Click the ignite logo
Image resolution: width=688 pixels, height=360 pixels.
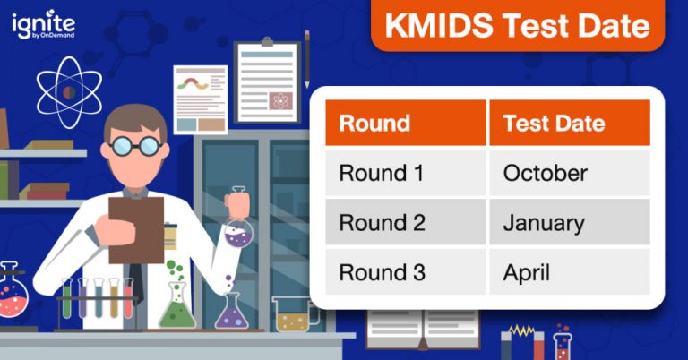tap(43, 26)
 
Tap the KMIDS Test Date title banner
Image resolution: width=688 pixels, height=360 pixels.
tap(518, 26)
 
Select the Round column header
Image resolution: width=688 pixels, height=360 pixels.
tap(406, 124)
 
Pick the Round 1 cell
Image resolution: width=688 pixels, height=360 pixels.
tap(406, 173)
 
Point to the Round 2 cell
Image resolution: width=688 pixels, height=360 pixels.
tap(406, 222)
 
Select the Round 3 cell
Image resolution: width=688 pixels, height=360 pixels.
tap(406, 270)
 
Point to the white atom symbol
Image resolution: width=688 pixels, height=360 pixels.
tap(69, 91)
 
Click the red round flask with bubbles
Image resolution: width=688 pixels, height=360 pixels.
tap(12, 296)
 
